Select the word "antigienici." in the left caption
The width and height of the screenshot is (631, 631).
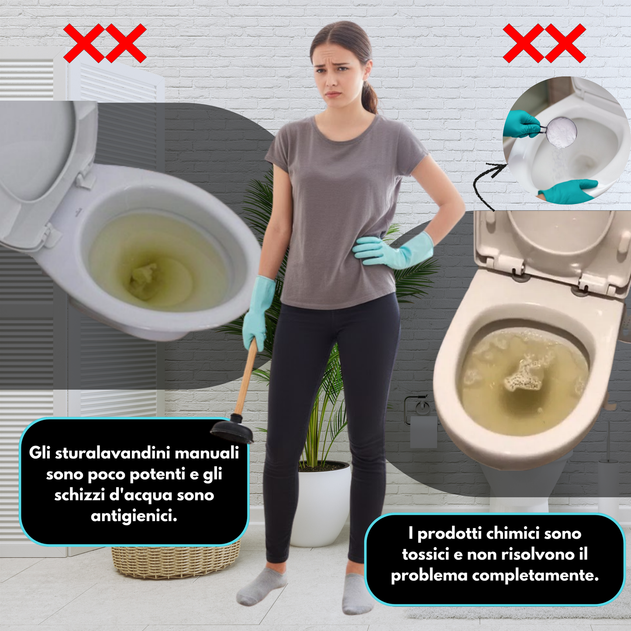[134, 516]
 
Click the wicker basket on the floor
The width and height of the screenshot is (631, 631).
[175, 561]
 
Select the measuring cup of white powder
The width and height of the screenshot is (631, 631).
[561, 132]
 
